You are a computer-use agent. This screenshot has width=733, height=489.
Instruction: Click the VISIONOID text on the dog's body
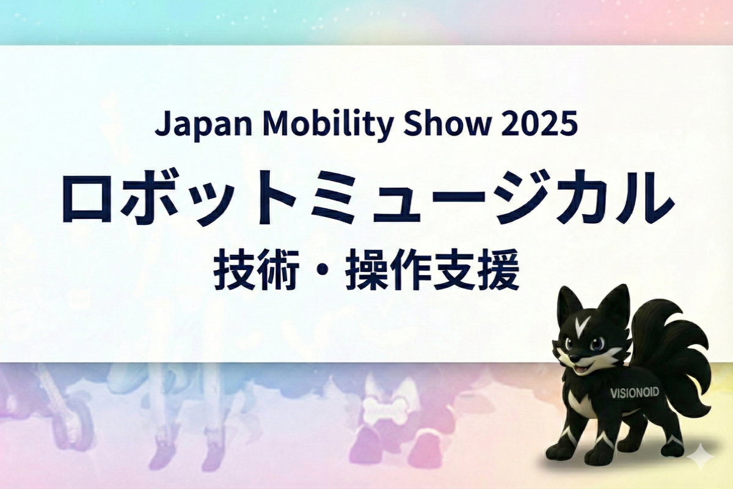[634, 393]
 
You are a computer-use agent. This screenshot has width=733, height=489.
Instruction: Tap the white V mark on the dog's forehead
[585, 325]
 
